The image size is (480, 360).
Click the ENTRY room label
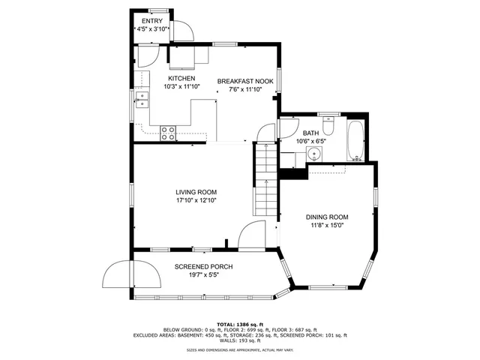(x=152, y=20)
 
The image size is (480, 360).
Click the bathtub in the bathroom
(x=355, y=139)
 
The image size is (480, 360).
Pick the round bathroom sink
(x=315, y=154)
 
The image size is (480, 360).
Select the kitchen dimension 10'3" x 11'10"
(x=181, y=87)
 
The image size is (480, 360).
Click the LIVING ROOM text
(x=196, y=192)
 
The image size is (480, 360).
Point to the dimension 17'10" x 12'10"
(x=196, y=201)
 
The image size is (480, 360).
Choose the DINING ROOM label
(x=327, y=217)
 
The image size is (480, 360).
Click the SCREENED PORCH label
(x=203, y=267)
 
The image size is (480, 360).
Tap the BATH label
(x=290, y=132)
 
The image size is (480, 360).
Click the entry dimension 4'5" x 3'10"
(x=152, y=28)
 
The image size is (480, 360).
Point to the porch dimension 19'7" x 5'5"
(x=203, y=275)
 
